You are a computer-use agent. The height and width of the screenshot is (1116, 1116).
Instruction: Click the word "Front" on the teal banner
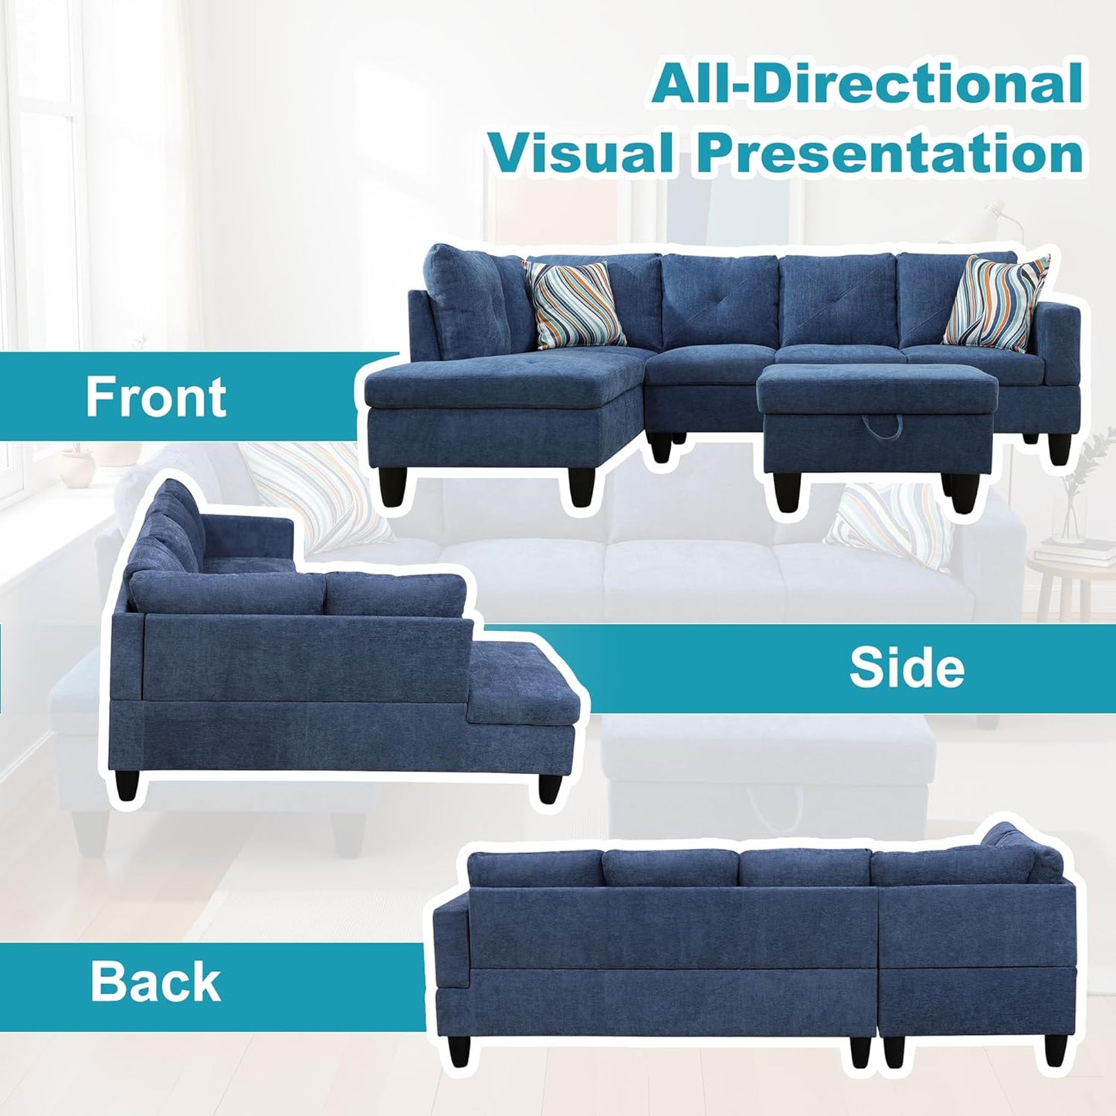tap(156, 397)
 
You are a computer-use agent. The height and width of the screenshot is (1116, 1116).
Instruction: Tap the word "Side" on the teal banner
tap(907, 668)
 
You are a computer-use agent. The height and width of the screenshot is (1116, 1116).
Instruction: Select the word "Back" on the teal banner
tap(155, 982)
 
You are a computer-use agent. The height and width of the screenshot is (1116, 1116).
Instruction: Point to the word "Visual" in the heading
tap(579, 153)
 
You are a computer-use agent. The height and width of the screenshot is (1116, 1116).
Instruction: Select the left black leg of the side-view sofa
tap(127, 785)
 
